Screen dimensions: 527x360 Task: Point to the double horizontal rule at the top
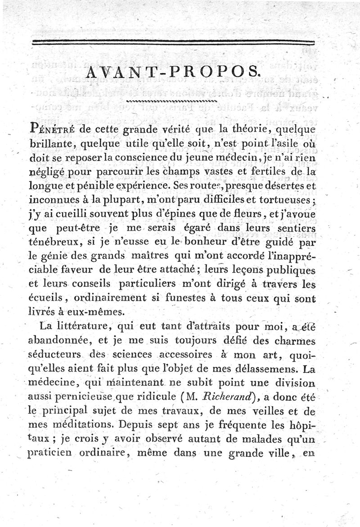click(x=180, y=43)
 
